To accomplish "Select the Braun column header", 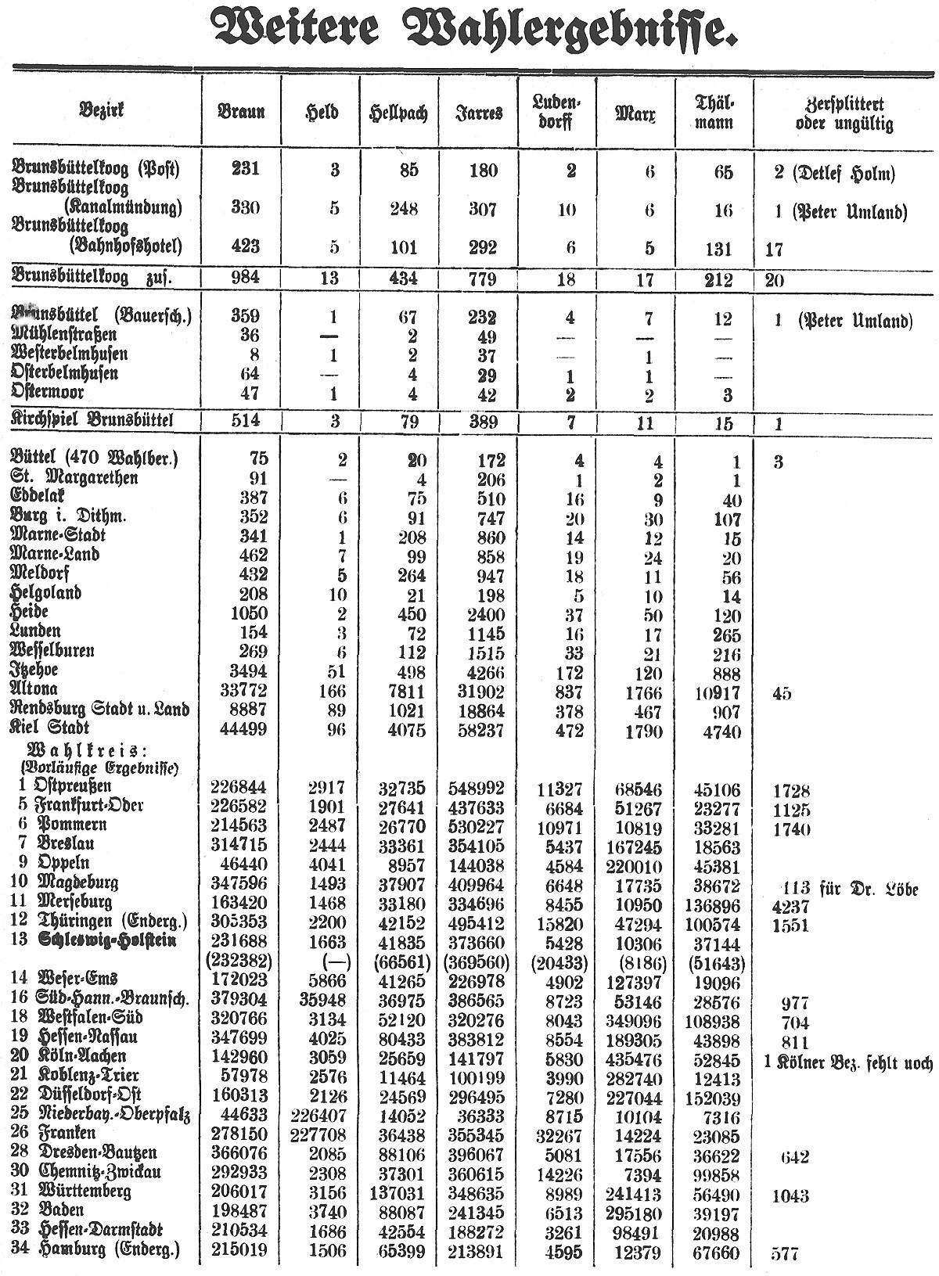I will click(241, 112).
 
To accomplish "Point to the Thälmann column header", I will click(714, 112).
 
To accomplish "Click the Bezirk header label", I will click(101, 110).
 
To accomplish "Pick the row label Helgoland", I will click(45, 593).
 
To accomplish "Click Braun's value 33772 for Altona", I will click(239, 692).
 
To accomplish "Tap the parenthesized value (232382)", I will click(239, 961).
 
